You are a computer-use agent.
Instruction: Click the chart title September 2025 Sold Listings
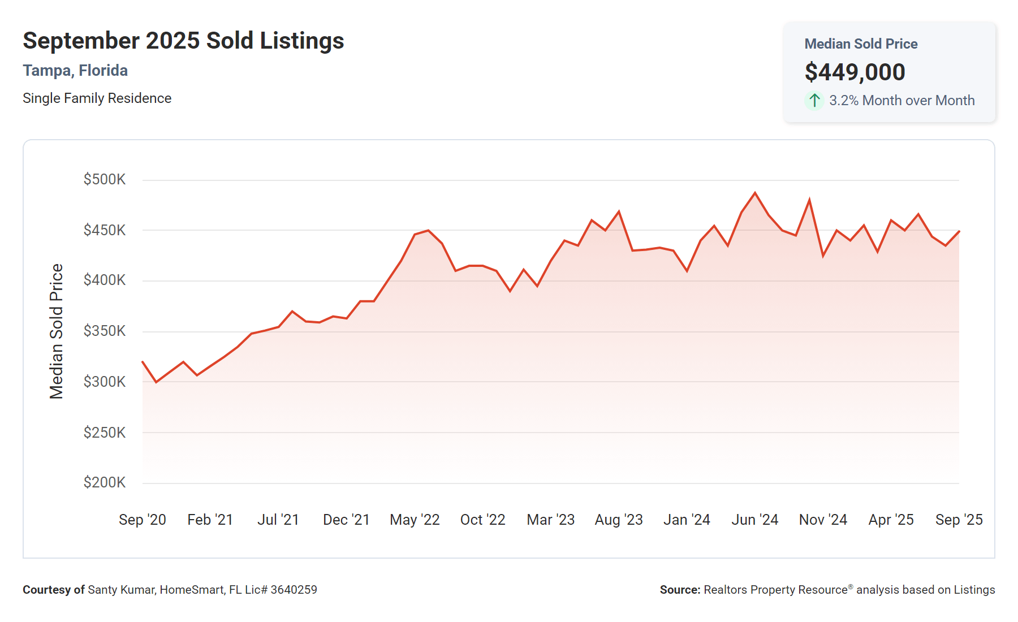pos(183,41)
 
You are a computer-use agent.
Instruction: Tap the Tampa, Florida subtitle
pos(75,71)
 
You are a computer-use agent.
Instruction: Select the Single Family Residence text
pos(97,98)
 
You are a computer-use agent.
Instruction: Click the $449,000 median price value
pos(855,72)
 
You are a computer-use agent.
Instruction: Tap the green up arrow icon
pos(814,101)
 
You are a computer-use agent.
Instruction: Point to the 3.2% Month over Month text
pos(901,101)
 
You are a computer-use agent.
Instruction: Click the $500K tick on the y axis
pos(105,180)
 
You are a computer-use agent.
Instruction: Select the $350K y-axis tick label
pos(105,331)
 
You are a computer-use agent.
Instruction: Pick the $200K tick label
pos(105,482)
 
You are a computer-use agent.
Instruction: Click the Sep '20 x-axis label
pos(143,520)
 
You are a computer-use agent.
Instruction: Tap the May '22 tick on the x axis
pos(415,520)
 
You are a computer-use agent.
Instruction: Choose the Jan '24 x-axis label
pos(687,520)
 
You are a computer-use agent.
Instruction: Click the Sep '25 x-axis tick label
pos(959,520)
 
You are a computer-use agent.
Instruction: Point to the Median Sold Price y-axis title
pos(57,331)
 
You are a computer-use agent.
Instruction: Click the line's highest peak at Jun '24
pos(755,193)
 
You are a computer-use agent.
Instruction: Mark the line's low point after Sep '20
pos(156,382)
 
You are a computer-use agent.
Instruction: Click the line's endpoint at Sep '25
pos(959,231)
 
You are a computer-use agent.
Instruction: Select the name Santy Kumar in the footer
pos(120,590)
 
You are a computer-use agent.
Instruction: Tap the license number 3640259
pos(294,590)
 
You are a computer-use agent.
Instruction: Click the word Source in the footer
pos(679,590)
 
